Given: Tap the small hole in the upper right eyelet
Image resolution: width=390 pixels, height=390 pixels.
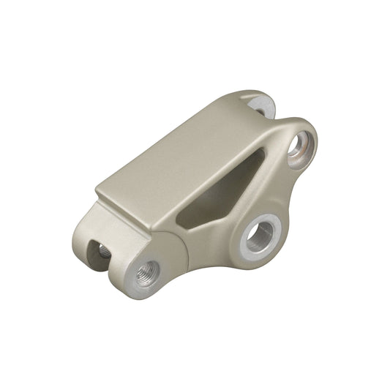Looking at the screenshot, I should [x=299, y=144].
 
